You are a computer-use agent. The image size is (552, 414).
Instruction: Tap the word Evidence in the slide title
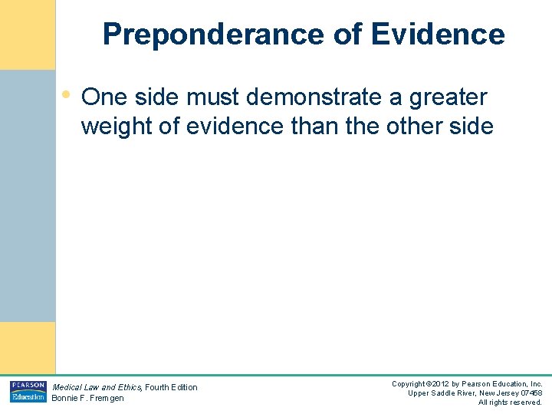(438, 34)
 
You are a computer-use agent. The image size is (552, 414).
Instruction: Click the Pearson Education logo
(28, 391)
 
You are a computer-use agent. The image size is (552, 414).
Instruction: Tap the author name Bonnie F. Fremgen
(87, 398)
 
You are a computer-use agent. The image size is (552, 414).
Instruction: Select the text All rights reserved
(510, 402)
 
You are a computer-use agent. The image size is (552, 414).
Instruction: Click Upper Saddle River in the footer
(441, 393)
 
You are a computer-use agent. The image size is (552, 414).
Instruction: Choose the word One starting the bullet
(103, 97)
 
